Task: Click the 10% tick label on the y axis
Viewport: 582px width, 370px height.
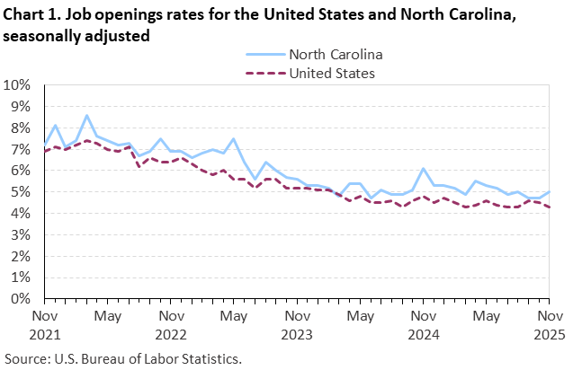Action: (x=17, y=85)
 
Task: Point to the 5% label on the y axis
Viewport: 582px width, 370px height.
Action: (x=21, y=192)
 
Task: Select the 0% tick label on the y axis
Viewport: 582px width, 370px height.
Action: (x=21, y=299)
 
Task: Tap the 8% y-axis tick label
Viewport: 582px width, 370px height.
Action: (x=21, y=128)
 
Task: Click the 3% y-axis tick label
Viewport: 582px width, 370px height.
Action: (x=21, y=235)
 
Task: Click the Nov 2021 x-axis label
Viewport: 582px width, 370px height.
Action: (x=44, y=325)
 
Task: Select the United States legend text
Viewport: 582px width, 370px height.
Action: (x=326, y=73)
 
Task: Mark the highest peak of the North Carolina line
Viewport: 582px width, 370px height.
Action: (x=86, y=115)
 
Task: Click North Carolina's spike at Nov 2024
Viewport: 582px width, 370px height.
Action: (x=423, y=169)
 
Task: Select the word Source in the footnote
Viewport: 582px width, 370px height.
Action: (x=25, y=358)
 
